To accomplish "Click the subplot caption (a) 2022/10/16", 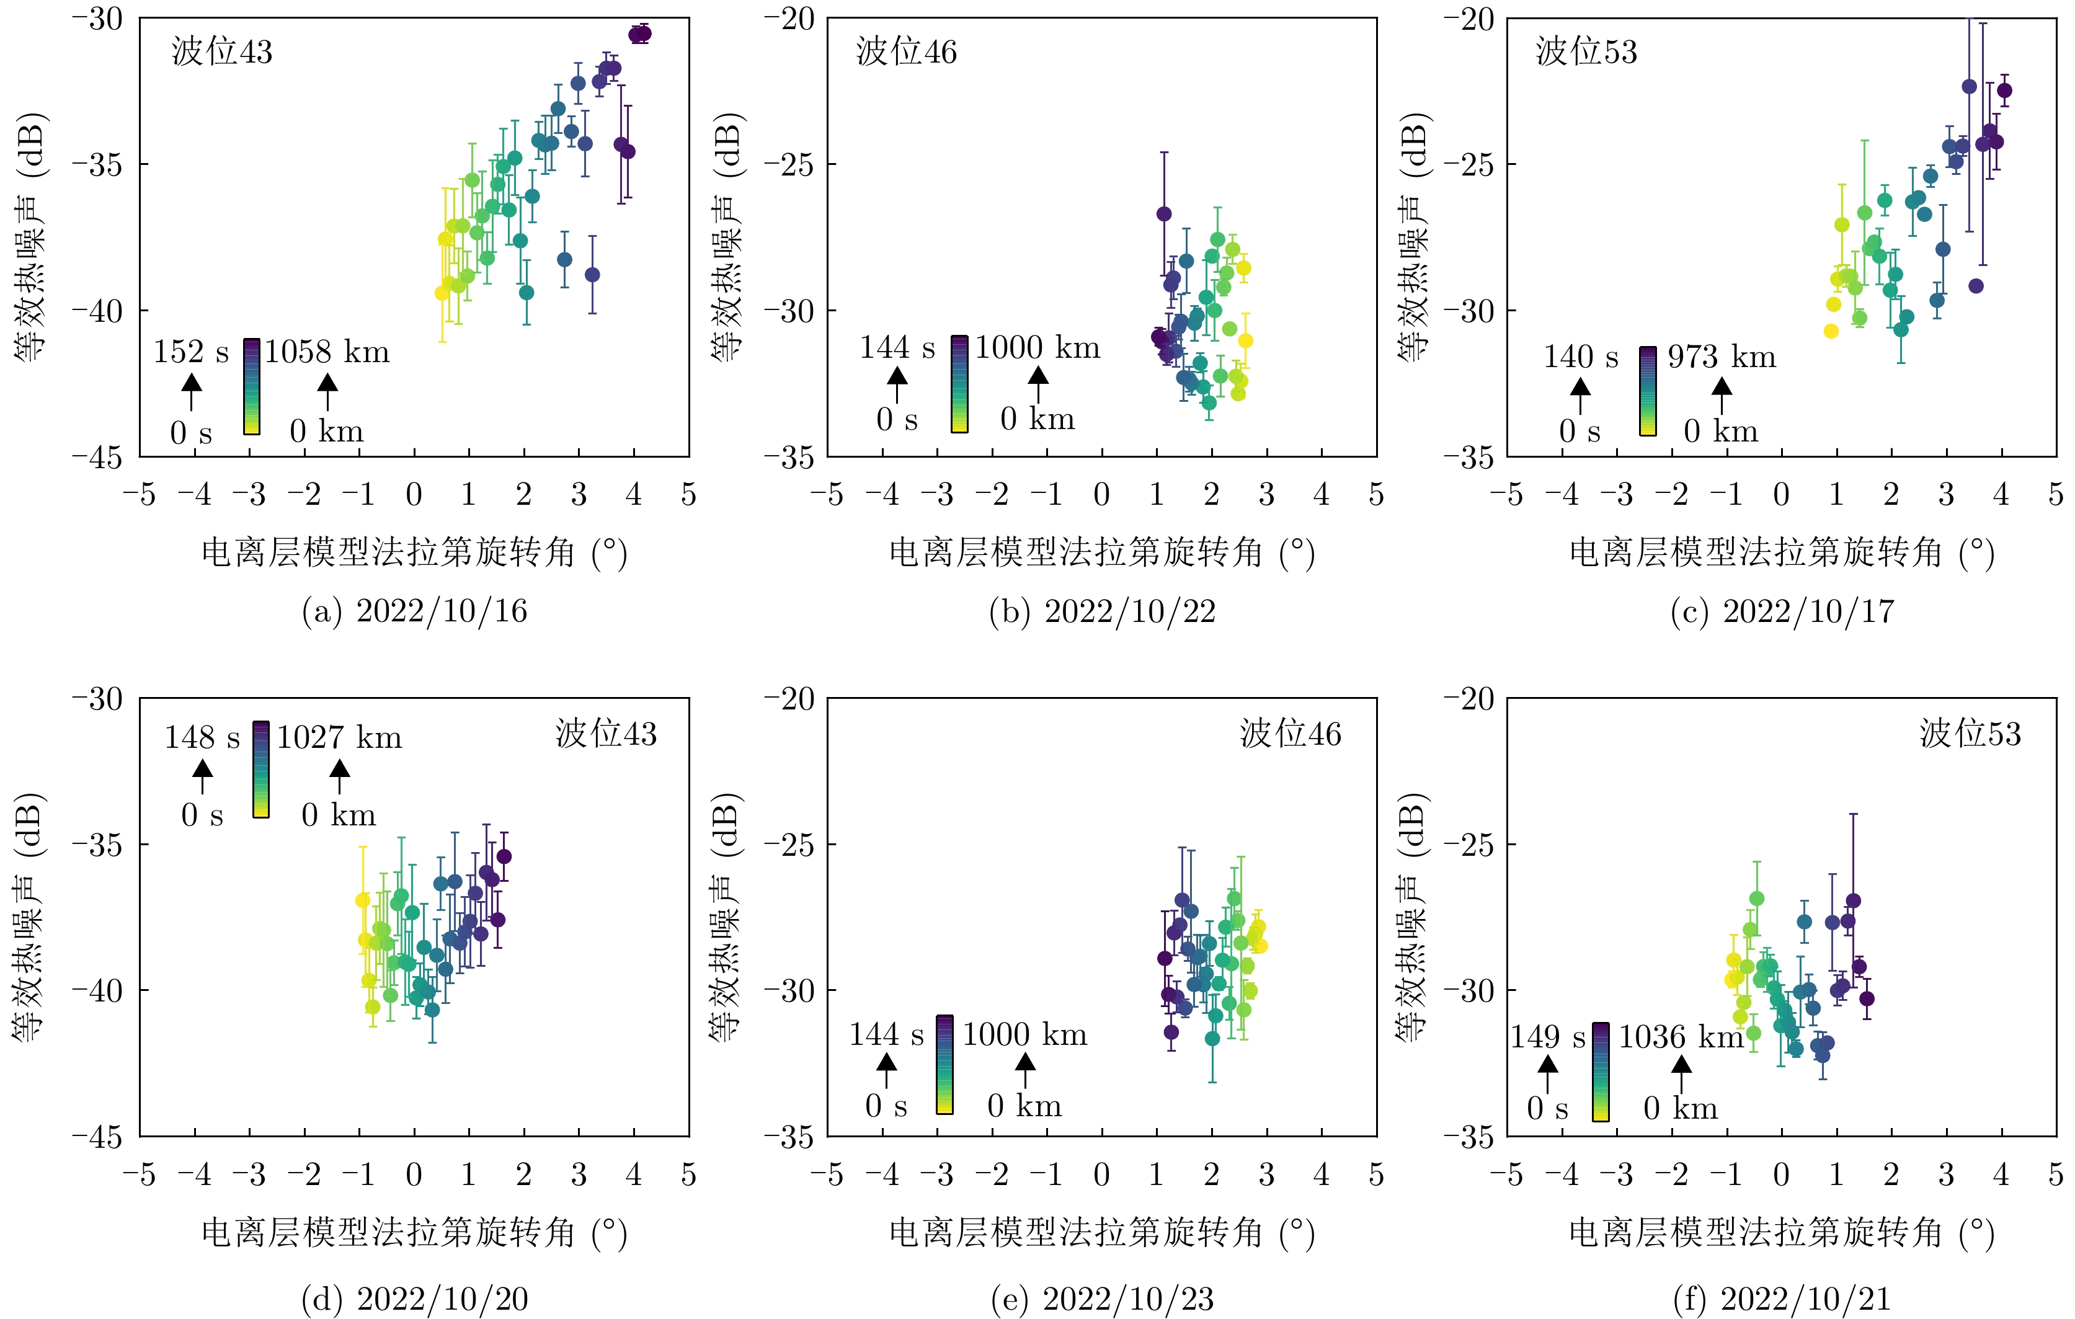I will coord(414,611).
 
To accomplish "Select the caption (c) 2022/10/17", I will coord(1782,611).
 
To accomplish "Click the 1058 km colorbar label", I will coord(327,352).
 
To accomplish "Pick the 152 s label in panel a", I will coord(191,352).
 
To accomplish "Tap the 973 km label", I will coord(1722,356).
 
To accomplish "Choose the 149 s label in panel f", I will coord(1548,1036).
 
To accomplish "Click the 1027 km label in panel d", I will coord(339,737).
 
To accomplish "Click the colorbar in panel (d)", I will coord(261,768).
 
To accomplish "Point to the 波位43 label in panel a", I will coord(221,51).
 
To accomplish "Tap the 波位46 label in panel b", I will coord(907,51).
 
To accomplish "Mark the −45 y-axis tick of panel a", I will coord(97,456).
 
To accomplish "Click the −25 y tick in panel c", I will coord(1470,164).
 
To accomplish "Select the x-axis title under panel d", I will coord(414,1233).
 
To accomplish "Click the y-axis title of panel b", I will coord(726,237).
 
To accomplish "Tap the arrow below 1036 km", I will coord(1681,1073).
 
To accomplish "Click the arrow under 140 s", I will coord(1580,396).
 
